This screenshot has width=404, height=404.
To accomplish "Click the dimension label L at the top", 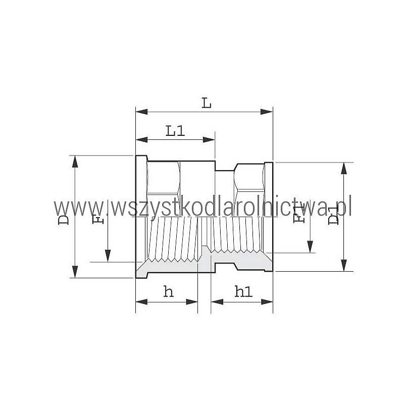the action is pyautogui.click(x=207, y=103).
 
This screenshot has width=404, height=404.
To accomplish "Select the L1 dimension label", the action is pyautogui.click(x=175, y=131).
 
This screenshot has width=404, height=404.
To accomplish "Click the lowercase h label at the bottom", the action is pyautogui.click(x=169, y=292).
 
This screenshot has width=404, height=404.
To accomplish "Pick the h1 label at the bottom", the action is pyautogui.click(x=243, y=292).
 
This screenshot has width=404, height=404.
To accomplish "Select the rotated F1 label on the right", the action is pyautogui.click(x=299, y=214).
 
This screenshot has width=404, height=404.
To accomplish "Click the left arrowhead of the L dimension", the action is pyautogui.click(x=142, y=112).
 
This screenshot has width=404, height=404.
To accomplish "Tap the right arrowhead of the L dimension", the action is pyautogui.click(x=267, y=112).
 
